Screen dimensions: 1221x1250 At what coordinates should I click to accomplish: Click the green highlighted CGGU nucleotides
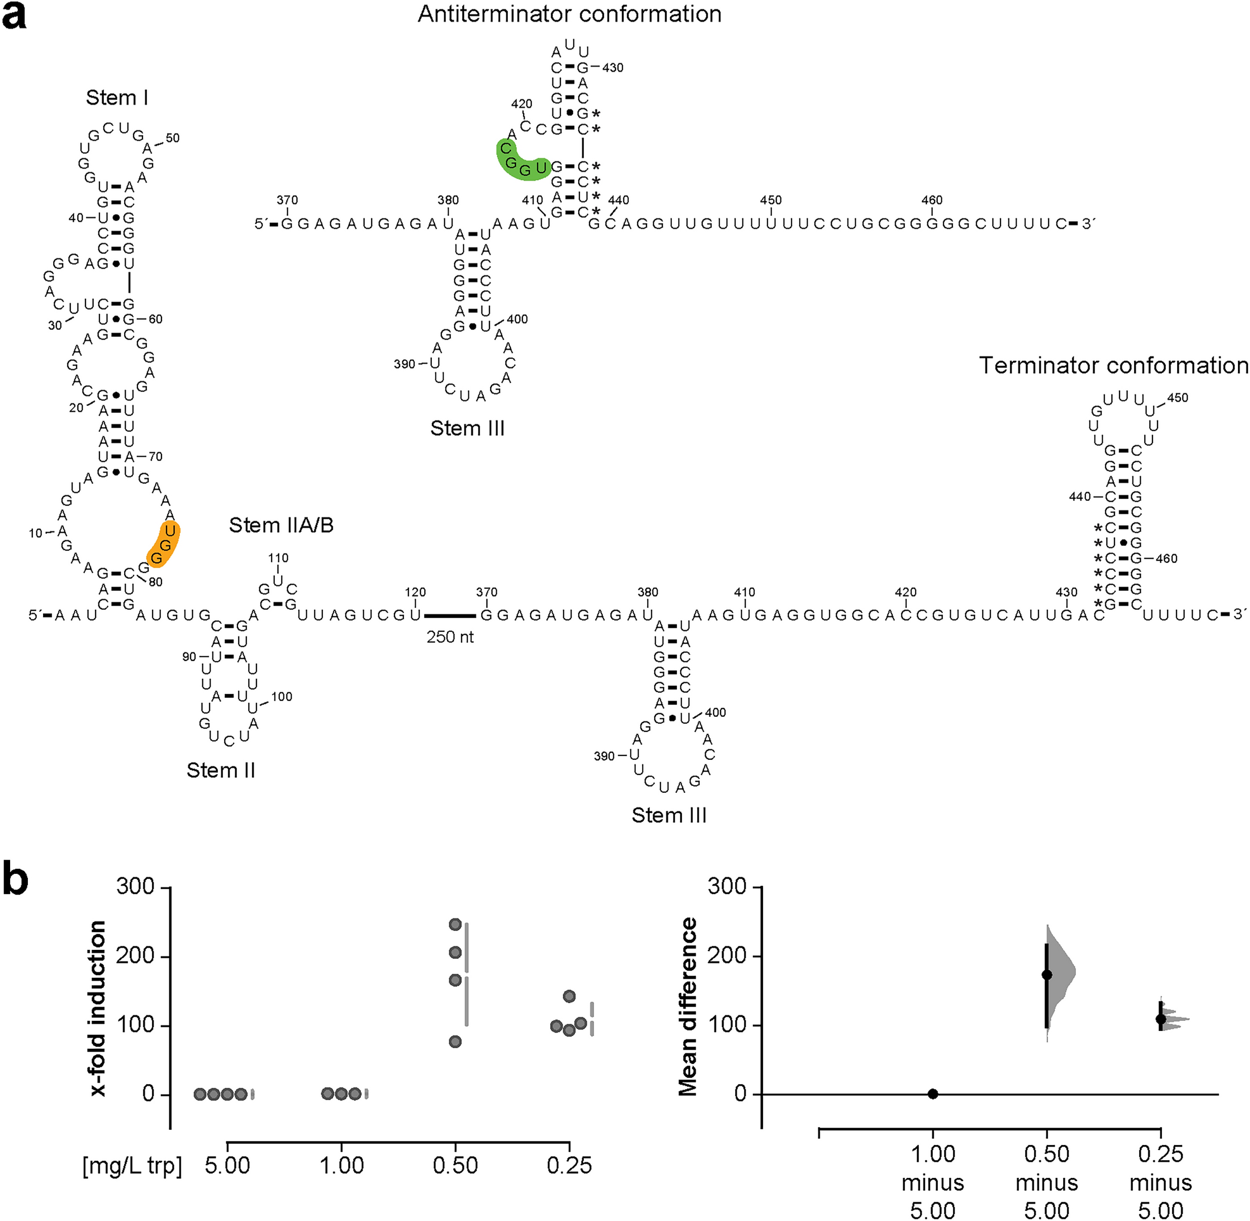519,160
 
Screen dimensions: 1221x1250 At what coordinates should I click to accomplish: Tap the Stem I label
117,98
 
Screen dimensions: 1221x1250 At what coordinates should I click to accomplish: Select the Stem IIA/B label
281,525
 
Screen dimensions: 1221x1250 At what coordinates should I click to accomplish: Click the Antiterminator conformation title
569,14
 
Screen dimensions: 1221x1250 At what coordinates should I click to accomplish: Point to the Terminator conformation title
1113,365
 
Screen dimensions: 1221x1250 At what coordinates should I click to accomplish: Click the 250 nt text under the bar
450,637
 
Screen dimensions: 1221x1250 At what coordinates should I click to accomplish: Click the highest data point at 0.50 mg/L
455,924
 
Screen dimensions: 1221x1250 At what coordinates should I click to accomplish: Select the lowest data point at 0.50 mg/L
455,1041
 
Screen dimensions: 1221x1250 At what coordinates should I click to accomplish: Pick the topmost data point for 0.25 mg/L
569,996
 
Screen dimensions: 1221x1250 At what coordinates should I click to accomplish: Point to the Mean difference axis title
688,1006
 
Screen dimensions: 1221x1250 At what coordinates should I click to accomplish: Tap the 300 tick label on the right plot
727,886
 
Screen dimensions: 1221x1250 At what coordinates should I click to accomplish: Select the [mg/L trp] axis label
132,1165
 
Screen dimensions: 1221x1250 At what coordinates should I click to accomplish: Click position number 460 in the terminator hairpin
1166,559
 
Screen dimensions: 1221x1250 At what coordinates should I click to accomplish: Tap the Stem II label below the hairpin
220,770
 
